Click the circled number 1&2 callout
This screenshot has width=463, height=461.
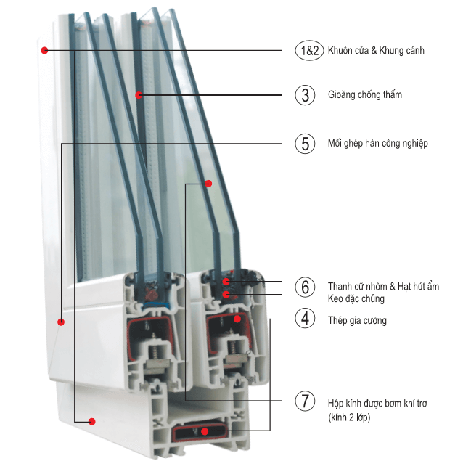pos(306,51)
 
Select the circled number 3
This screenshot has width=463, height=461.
pos(306,95)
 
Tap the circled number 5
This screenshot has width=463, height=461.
pos(306,144)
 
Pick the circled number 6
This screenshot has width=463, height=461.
pos(306,287)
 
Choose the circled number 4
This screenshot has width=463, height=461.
pos(306,318)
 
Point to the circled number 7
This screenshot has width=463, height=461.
pos(306,401)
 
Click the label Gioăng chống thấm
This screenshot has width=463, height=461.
pos(364,95)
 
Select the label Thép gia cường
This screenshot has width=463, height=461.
pos(357,320)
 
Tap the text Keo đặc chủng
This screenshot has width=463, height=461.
pos(356,298)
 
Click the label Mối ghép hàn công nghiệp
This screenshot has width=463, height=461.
pos(377,144)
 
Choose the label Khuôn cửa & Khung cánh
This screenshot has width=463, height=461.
pos(375,51)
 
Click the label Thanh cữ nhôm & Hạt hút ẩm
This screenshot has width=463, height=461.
pos(383,286)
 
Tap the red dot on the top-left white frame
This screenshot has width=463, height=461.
pos(44,51)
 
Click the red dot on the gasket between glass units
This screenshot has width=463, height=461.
pos(138,94)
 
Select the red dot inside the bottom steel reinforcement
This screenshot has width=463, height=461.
pos(205,431)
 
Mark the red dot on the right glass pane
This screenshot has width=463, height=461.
pos(208,184)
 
